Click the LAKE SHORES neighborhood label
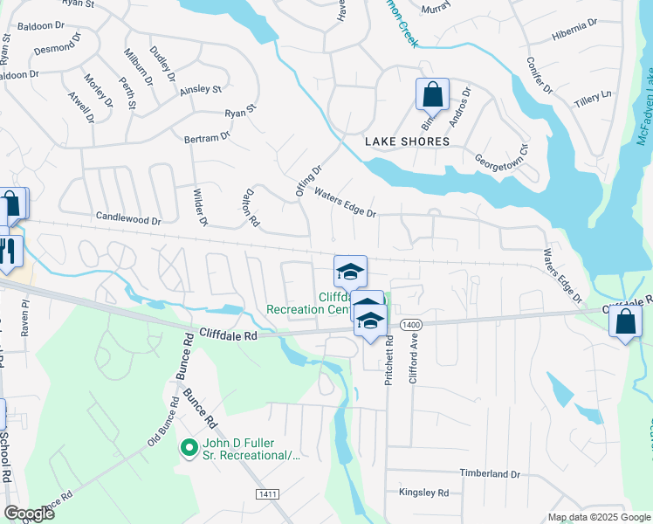[409, 141]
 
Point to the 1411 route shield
[268, 494]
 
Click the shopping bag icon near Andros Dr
[432, 93]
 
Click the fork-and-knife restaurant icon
[8, 251]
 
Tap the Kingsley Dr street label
[423, 493]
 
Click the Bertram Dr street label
[207, 137]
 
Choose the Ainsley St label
[201, 89]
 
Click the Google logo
[29, 514]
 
